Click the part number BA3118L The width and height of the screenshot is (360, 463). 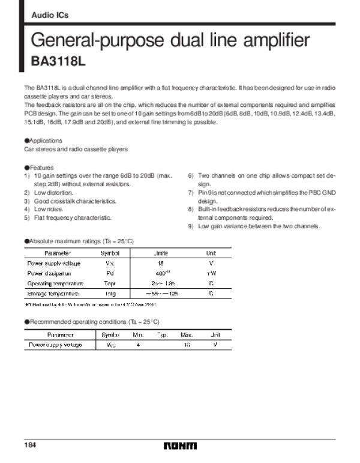click(x=57, y=61)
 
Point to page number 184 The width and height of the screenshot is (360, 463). click(x=31, y=445)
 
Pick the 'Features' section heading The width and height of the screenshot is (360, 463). click(x=41, y=168)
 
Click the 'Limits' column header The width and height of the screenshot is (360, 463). click(x=161, y=253)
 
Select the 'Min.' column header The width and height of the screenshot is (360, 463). click(x=138, y=335)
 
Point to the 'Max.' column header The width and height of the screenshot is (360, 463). click(x=186, y=335)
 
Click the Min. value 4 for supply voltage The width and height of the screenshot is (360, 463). click(x=138, y=345)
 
